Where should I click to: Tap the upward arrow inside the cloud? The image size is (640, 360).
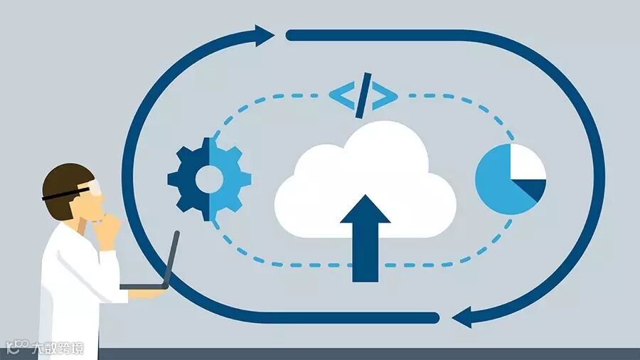click(365, 235)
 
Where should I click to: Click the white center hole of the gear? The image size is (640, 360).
click(209, 179)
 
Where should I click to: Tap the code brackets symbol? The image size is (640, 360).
click(363, 95)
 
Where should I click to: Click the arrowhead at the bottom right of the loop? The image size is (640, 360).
click(463, 317)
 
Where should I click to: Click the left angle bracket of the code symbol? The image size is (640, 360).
click(341, 95)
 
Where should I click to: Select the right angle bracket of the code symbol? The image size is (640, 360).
click(385, 95)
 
